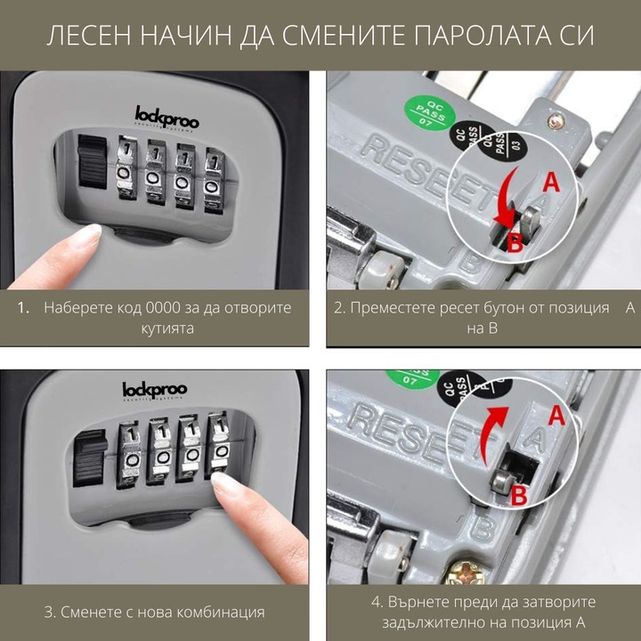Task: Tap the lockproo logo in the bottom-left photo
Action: click(x=154, y=390)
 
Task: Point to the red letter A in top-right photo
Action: click(x=551, y=183)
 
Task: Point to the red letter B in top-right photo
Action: click(x=515, y=242)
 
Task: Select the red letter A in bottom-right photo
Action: click(x=558, y=415)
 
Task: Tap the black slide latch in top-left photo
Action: click(x=93, y=161)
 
